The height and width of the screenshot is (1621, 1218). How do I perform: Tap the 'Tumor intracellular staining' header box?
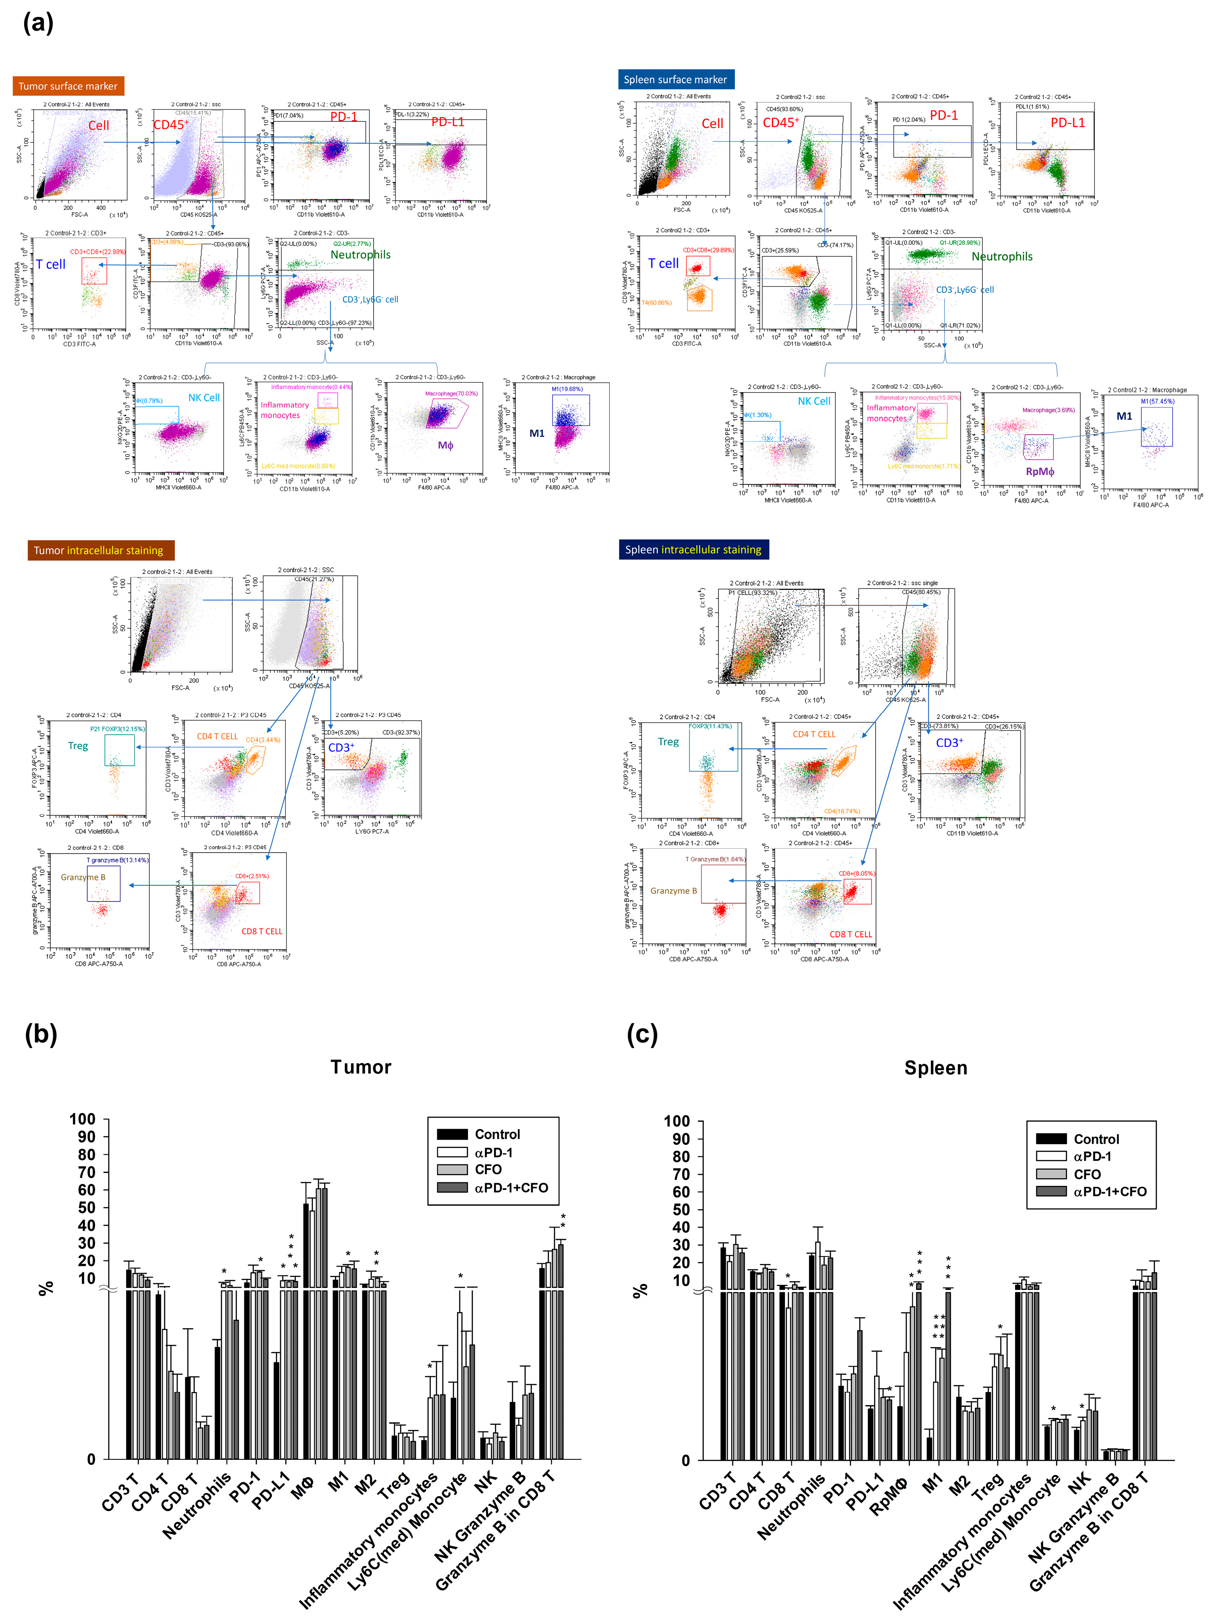point(100,550)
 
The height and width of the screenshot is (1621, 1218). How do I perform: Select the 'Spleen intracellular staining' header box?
point(693,550)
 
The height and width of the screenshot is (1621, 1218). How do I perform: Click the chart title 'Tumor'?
point(361,1067)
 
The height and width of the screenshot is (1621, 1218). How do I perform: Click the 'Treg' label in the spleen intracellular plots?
point(668,742)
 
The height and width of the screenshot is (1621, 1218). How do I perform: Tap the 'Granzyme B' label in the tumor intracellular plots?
point(83,877)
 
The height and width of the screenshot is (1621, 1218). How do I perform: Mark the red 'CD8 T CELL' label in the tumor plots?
point(262,931)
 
